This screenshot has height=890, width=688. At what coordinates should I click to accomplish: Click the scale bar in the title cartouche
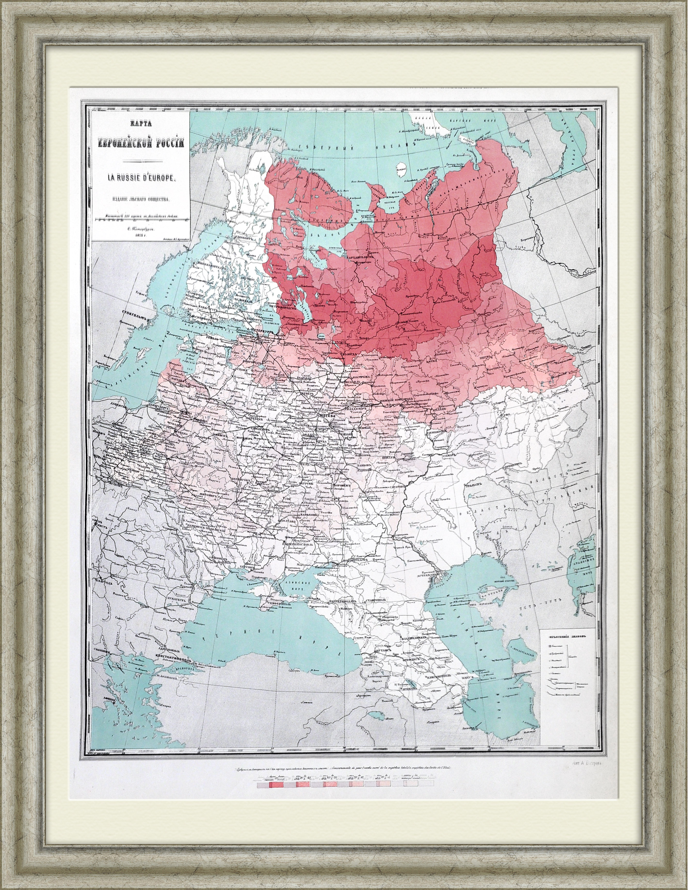tap(140, 220)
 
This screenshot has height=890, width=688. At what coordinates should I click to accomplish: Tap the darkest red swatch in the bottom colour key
tap(272, 785)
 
